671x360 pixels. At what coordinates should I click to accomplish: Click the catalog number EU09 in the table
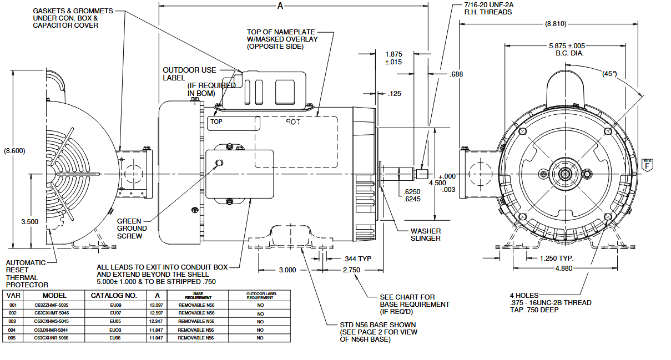click(115, 305)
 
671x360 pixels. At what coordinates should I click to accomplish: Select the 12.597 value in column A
click(157, 313)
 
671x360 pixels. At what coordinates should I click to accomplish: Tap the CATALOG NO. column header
click(115, 296)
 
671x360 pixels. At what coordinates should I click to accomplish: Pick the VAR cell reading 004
click(13, 329)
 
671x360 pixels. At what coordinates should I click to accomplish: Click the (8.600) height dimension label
click(14, 150)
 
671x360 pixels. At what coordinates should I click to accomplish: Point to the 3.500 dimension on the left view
click(29, 221)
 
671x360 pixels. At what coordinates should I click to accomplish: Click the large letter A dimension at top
click(280, 6)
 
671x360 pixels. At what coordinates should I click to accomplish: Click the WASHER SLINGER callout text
click(426, 235)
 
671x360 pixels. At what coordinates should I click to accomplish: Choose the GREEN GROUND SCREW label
click(132, 228)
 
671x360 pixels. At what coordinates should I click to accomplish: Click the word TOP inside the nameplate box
click(216, 121)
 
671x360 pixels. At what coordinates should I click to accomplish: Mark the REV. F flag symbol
click(647, 164)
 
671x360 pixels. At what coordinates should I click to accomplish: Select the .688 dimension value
click(456, 74)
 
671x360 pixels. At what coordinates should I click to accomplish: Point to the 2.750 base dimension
click(351, 270)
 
